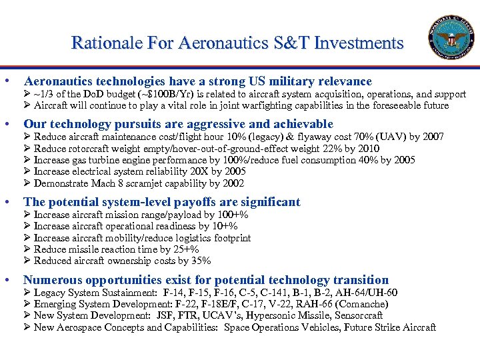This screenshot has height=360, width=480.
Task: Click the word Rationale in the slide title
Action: coord(101,43)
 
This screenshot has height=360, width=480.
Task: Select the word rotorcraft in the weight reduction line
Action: coord(89,149)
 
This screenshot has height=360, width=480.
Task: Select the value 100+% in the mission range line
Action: coord(233,215)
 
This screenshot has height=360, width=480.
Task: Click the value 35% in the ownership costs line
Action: coord(201,261)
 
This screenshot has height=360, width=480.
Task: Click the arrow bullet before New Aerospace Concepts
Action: coord(27,327)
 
